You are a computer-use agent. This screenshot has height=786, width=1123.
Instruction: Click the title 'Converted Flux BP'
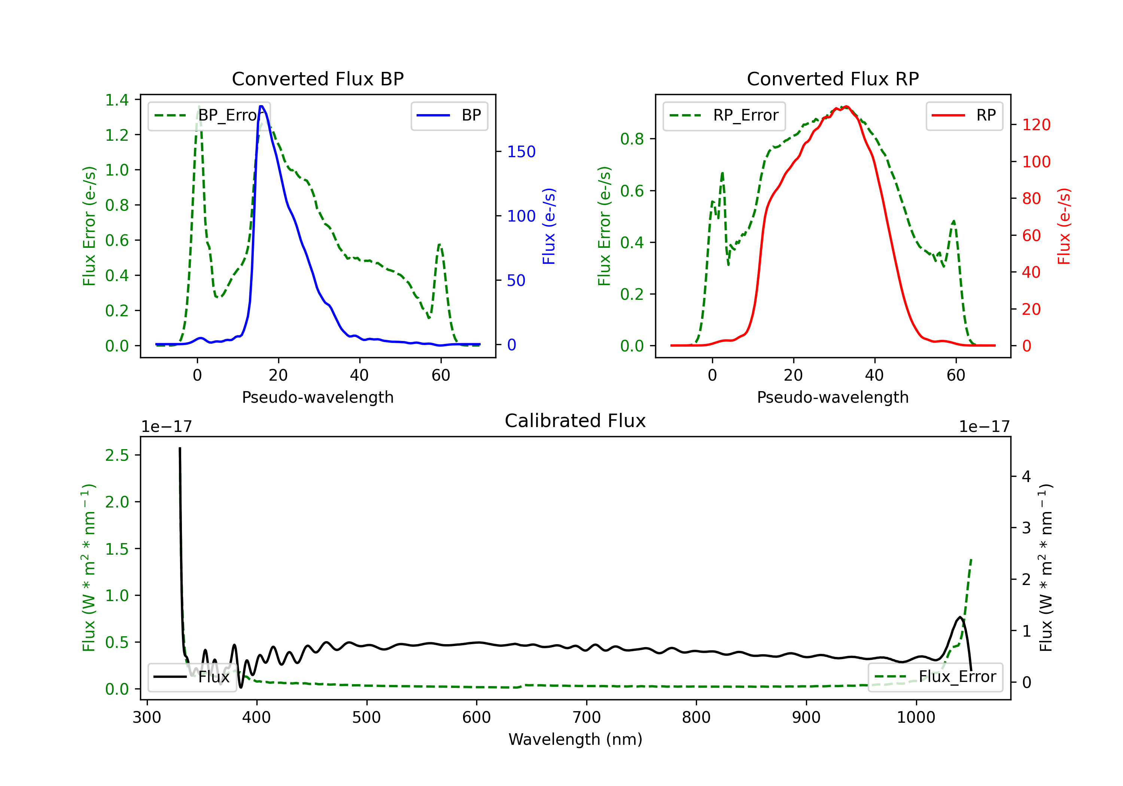point(317,79)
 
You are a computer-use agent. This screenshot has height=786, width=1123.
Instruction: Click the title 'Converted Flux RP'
point(833,79)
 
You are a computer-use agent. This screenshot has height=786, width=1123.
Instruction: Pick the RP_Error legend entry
point(724,115)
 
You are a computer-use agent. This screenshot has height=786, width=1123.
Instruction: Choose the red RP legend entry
point(964,115)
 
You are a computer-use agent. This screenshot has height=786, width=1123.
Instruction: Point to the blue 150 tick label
point(521,152)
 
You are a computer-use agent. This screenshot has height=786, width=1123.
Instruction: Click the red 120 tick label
point(1036,125)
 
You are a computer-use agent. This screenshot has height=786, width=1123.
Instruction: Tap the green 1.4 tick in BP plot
point(117,100)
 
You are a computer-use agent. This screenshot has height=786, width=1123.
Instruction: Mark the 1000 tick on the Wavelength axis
point(916,717)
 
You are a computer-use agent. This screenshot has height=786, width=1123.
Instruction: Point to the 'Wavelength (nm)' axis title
point(575,739)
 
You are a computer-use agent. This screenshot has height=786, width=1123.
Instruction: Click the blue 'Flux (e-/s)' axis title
point(549,226)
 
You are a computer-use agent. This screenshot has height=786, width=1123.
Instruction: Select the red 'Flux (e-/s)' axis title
point(1064,226)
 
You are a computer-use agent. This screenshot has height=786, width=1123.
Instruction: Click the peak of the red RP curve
point(847,106)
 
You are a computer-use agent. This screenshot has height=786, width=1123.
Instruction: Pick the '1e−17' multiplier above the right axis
point(984,427)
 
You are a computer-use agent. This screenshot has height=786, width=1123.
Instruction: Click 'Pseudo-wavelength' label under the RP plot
point(833,397)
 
